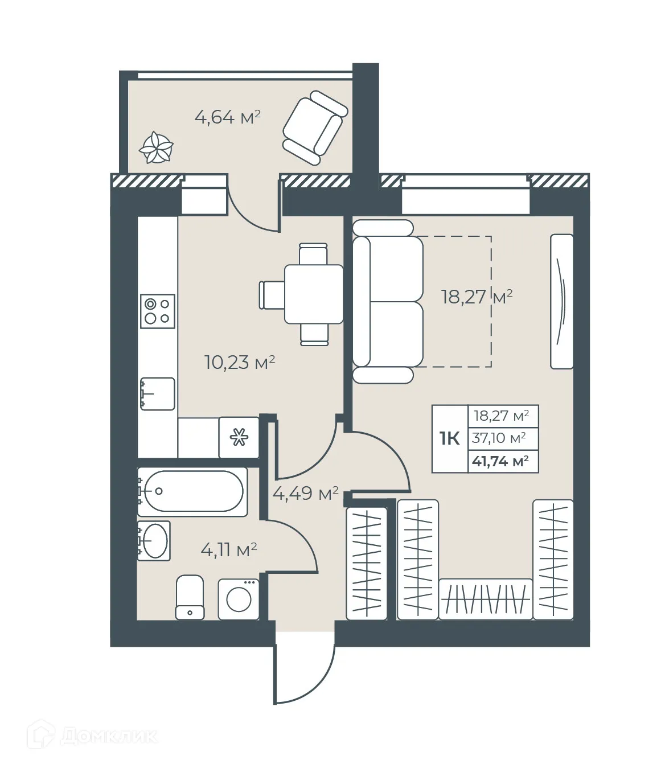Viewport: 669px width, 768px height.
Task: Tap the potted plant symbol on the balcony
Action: pyautogui.click(x=156, y=148)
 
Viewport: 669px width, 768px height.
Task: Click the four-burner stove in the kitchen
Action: pyautogui.click(x=158, y=311)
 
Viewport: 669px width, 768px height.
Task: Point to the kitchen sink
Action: pyautogui.click(x=158, y=393)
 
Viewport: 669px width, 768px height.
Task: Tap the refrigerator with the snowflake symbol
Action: pyautogui.click(x=239, y=438)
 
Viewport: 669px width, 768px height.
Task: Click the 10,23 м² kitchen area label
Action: pyautogui.click(x=240, y=362)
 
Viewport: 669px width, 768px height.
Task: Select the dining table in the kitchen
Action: pyautogui.click(x=313, y=294)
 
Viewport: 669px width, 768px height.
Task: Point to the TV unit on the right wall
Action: pyautogui.click(x=561, y=301)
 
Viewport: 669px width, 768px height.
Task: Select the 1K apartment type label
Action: pyautogui.click(x=449, y=438)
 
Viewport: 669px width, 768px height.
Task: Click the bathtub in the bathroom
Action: pyautogui.click(x=192, y=491)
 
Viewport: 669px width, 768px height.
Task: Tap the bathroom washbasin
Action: pyautogui.click(x=154, y=541)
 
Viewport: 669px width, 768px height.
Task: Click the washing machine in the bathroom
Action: pyautogui.click(x=239, y=599)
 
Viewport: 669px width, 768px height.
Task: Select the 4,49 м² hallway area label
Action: pyautogui.click(x=305, y=493)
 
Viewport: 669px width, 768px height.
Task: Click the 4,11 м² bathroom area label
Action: pyautogui.click(x=229, y=550)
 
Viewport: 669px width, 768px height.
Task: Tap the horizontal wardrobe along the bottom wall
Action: pyautogui.click(x=486, y=598)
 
